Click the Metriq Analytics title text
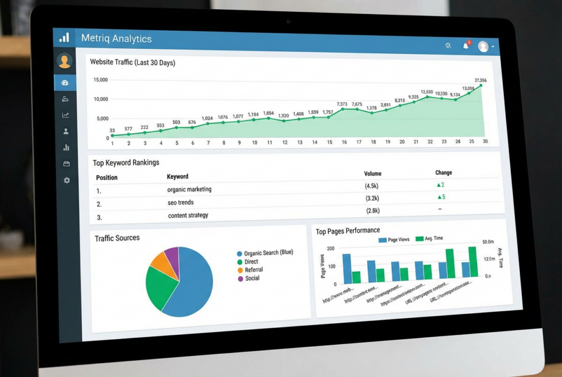[x=116, y=38]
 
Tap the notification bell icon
[x=465, y=46]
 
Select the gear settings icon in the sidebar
[x=66, y=180]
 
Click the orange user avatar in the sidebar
[x=65, y=61]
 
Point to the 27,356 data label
[x=480, y=81]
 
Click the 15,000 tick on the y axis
[x=100, y=80]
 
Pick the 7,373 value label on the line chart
[x=342, y=104]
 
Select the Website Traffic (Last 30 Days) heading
[x=132, y=63]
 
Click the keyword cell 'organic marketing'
[x=189, y=189]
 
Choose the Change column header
[x=443, y=173]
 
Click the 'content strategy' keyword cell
[x=188, y=215]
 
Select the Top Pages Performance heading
[x=347, y=230]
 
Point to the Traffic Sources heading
[x=117, y=238]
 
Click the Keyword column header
[x=177, y=177]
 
